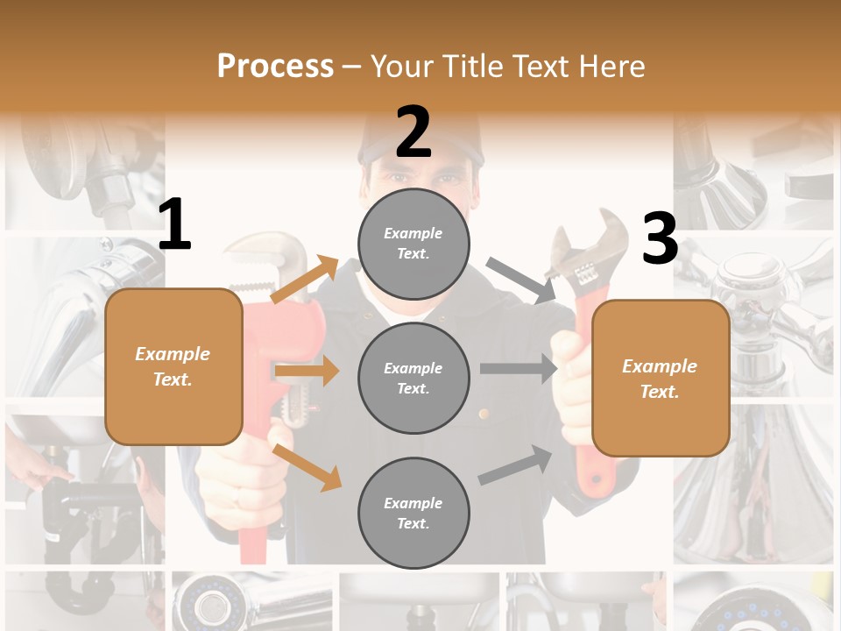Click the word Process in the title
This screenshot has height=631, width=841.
pyautogui.click(x=275, y=66)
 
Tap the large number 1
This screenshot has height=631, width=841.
pyautogui.click(x=174, y=225)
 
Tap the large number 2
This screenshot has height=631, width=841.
pyautogui.click(x=413, y=132)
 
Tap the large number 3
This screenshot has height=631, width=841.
pyautogui.click(x=660, y=238)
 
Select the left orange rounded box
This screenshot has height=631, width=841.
pyautogui.click(x=173, y=366)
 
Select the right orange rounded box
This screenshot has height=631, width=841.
pyautogui.click(x=661, y=378)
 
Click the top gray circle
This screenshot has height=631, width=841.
pyautogui.click(x=413, y=244)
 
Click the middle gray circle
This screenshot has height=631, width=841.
pyautogui.click(x=413, y=378)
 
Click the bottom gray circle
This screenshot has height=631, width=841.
pyautogui.click(x=413, y=513)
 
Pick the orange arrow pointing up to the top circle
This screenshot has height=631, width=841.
pyautogui.click(x=306, y=280)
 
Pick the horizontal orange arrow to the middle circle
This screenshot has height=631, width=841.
pyautogui.click(x=307, y=372)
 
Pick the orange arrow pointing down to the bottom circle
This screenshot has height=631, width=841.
pyautogui.click(x=307, y=467)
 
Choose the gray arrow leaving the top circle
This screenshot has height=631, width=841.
pyautogui.click(x=522, y=280)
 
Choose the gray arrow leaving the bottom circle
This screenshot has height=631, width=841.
pyautogui.click(x=516, y=465)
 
